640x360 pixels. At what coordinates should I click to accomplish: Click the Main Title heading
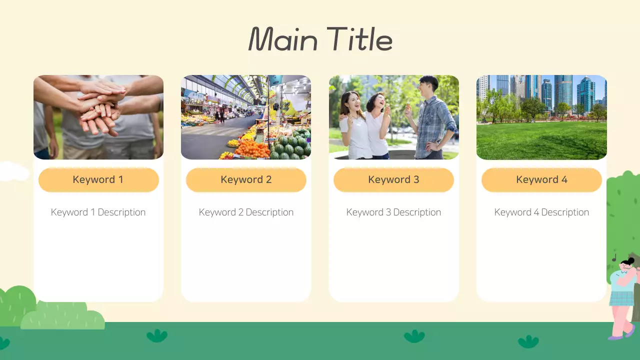(320, 39)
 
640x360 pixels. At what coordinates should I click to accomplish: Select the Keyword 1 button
(98, 179)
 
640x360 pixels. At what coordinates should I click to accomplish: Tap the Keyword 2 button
(246, 179)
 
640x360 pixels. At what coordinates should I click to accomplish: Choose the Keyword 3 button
(393, 179)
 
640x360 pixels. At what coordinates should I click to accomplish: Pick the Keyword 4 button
(541, 179)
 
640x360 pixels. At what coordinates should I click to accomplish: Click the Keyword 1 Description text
(98, 212)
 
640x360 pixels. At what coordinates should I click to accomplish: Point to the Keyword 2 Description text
(246, 212)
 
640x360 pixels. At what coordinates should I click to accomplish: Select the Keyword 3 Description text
(393, 212)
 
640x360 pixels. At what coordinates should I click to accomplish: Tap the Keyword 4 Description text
(541, 212)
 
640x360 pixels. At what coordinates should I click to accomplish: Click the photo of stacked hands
(98, 117)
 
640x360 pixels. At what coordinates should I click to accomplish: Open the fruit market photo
(246, 117)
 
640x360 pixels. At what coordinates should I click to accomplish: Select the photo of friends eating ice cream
(393, 117)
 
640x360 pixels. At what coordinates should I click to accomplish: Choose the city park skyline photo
(541, 117)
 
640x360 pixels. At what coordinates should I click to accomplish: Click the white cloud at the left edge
(12, 171)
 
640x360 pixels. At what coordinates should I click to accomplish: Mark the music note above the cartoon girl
(614, 258)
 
